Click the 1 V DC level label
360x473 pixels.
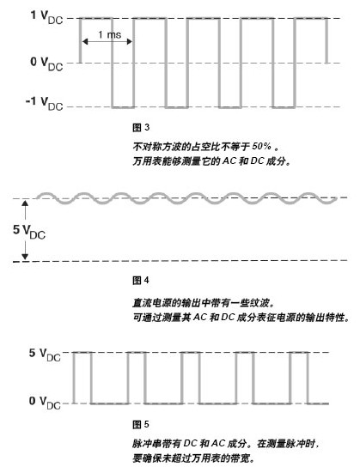[46, 17]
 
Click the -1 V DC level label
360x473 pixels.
[45, 104]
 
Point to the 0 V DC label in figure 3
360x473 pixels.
[46, 64]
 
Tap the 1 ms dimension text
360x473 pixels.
[109, 34]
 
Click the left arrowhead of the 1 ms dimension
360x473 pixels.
[85, 41]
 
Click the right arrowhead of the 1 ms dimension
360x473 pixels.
[130, 41]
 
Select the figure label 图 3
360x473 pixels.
[141, 128]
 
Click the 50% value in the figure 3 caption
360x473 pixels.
[261, 146]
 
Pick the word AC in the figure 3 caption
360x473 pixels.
[229, 161]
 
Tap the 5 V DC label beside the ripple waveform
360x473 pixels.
[29, 232]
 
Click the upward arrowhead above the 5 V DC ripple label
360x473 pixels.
[25, 203]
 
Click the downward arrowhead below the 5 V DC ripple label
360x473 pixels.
[25, 257]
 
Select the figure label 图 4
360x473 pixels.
[141, 280]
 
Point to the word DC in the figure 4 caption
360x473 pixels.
[228, 318]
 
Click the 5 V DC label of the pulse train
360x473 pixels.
[45, 355]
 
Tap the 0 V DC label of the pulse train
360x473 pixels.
[45, 403]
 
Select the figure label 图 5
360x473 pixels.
[141, 424]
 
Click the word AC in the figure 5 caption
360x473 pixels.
[218, 444]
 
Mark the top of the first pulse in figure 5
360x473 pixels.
[82, 352]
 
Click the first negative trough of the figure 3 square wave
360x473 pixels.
[123, 107]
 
